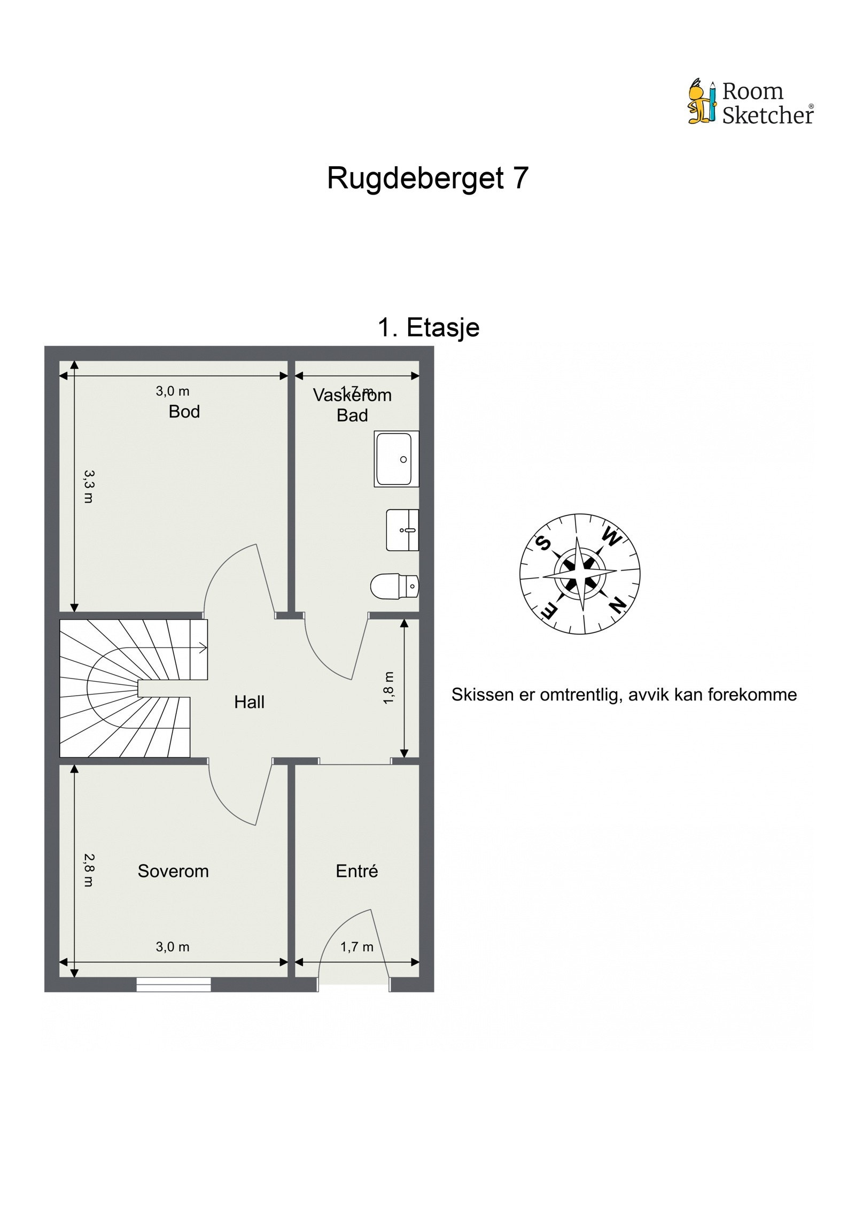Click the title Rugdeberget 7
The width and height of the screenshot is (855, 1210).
[428, 178]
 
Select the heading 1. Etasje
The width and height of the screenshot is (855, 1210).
[428, 327]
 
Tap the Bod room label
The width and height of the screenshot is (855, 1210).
[184, 411]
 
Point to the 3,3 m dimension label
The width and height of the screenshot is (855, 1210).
[88, 486]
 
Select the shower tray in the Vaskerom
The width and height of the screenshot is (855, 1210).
[396, 459]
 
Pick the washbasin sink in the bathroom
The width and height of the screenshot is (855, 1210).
[402, 530]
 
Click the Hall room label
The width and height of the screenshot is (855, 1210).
[249, 702]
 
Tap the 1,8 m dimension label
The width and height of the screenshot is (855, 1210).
[388, 688]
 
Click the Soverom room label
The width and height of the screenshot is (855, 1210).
[173, 871]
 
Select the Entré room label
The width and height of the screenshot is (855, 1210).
[356, 871]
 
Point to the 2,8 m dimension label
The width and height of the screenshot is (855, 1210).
[88, 870]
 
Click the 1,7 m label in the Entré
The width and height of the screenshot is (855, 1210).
[356, 947]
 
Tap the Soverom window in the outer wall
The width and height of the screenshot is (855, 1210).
[173, 984]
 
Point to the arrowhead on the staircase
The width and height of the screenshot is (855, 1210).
[204, 648]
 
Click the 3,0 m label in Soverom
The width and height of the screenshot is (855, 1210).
[172, 947]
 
